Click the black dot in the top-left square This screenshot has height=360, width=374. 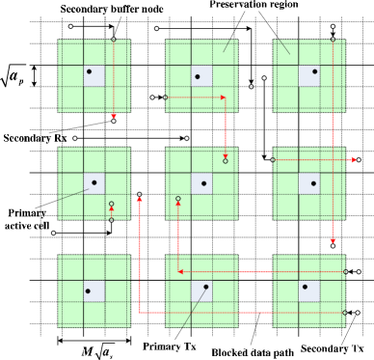[x=90, y=71]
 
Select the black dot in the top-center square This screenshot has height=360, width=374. [x=198, y=77]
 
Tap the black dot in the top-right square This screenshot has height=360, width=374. [x=314, y=71]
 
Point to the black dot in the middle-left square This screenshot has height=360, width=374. [x=94, y=180]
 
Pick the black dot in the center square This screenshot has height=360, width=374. [x=203, y=183]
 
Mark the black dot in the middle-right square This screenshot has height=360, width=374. [x=313, y=183]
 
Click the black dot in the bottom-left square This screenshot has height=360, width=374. [x=88, y=291]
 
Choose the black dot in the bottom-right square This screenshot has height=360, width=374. [x=306, y=287]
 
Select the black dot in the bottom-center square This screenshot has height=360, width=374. [x=205, y=287]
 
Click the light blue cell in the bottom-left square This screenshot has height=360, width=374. [x=93, y=291]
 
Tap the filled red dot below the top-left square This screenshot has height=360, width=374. [x=114, y=116]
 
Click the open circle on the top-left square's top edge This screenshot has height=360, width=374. [x=114, y=40]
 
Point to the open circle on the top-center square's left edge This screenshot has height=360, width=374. [x=165, y=97]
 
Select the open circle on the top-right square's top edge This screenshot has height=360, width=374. [x=334, y=40]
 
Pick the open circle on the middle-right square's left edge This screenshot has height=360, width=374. [x=273, y=160]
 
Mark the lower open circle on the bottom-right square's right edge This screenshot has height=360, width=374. [x=345, y=313]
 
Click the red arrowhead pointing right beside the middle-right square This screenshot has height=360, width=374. [x=354, y=160]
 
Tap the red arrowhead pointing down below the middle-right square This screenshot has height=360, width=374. [x=333, y=240]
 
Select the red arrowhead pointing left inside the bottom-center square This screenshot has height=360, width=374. [x=180, y=272]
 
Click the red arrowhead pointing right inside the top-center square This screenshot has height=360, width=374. [x=223, y=97]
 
